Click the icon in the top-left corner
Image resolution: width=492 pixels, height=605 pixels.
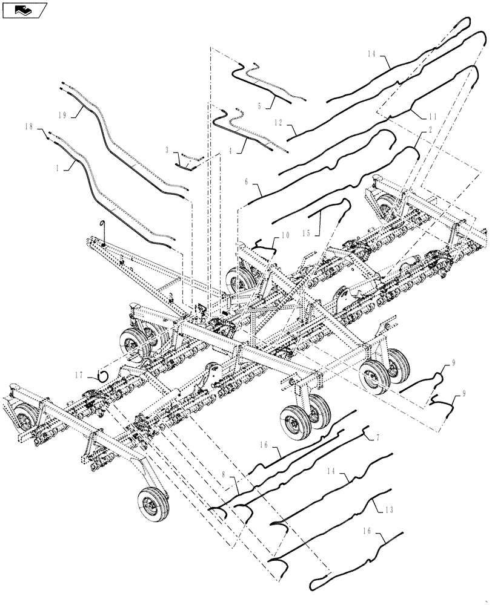click(x=25, y=10)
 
